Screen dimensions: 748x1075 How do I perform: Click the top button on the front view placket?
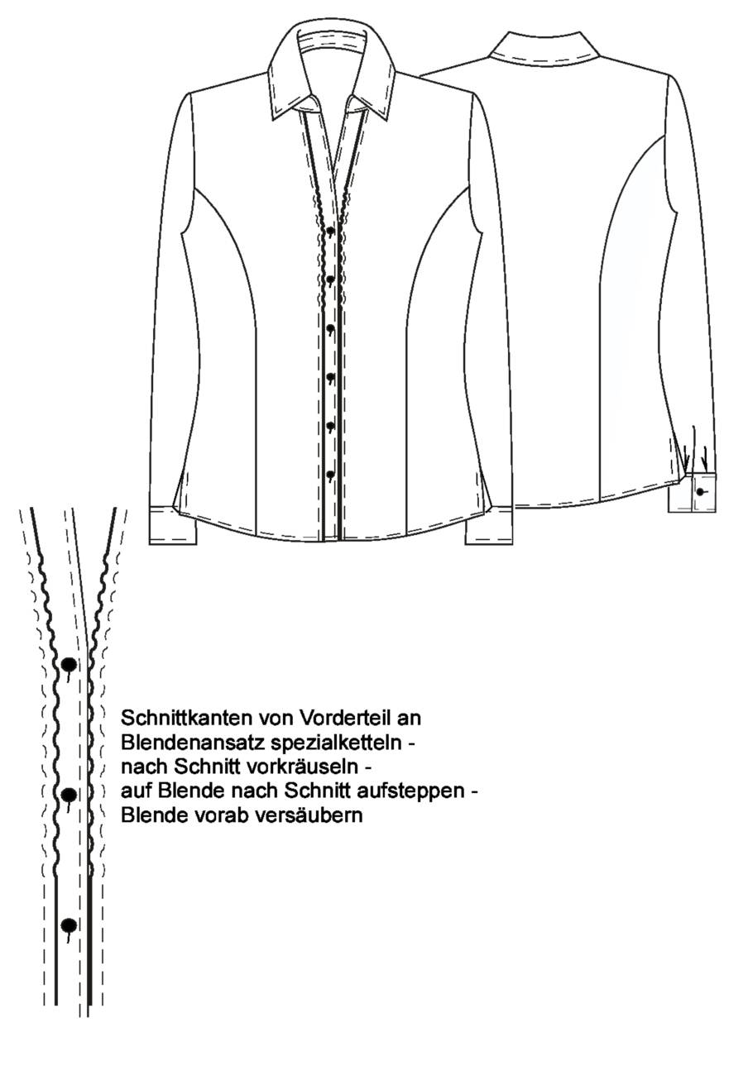click(330, 231)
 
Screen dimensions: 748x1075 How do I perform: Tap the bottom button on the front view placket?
click(330, 475)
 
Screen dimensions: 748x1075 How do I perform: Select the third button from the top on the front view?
click(330, 328)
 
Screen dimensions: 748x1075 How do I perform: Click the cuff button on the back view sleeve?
click(701, 491)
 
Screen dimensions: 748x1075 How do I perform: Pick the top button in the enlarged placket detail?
click(70, 665)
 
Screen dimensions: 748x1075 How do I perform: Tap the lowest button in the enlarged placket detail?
click(70, 924)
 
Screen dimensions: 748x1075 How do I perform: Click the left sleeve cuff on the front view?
click(173, 526)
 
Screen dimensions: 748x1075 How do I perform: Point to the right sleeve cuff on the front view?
click(489, 526)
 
